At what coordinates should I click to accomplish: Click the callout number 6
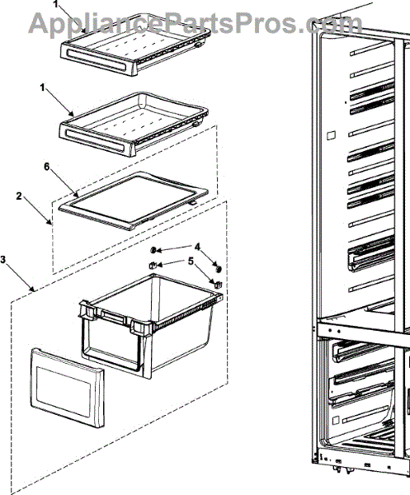46,167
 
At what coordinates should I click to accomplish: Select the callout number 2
19,196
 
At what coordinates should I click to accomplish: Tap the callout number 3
3,260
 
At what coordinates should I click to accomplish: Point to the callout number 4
197,247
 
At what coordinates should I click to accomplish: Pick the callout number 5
191,261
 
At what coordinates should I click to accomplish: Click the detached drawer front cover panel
68,388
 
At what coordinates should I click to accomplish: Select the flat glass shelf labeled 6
134,200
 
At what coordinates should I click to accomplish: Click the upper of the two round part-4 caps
153,250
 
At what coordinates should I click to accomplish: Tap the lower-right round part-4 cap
218,269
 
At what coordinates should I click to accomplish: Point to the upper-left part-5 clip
153,265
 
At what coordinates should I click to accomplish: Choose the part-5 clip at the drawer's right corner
218,285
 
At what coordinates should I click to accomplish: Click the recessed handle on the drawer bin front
111,316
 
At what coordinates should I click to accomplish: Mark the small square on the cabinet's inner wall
331,135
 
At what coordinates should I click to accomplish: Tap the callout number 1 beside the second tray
43,87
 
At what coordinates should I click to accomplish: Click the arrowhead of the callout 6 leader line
76,194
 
